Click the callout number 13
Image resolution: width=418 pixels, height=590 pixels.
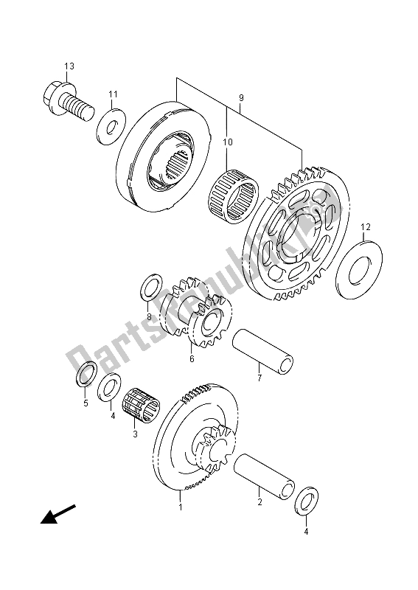pos(69,66)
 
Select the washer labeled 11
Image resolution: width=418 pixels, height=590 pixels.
pos(111,126)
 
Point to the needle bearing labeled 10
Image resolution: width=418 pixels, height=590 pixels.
pos(233,197)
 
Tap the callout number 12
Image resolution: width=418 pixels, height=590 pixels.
pos(366,227)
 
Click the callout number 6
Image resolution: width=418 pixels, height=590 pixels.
pos(192,358)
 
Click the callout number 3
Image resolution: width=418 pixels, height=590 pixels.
pos(135,434)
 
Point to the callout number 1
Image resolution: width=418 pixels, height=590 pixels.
pos(180,507)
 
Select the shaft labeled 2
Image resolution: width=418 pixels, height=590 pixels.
pos(264,476)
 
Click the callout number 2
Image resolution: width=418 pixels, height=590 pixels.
pos(259,502)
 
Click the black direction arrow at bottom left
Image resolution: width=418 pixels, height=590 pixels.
pos(58,514)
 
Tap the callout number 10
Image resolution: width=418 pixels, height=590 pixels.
pos(227,142)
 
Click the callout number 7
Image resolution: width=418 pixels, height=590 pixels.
pos(259,378)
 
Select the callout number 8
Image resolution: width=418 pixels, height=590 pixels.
pos(149,317)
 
